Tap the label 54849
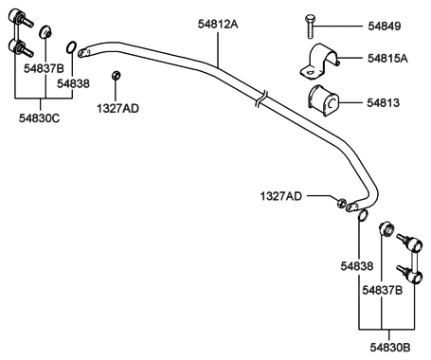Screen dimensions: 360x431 tap(383, 26)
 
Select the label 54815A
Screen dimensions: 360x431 tap(387, 58)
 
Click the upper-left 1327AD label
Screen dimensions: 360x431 tap(117, 109)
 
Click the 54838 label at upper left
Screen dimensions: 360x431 tap(74, 83)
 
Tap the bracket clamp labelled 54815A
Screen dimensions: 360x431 tap(322, 60)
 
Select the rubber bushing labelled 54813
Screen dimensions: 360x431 tap(325, 98)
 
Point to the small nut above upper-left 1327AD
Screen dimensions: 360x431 tap(116, 75)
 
